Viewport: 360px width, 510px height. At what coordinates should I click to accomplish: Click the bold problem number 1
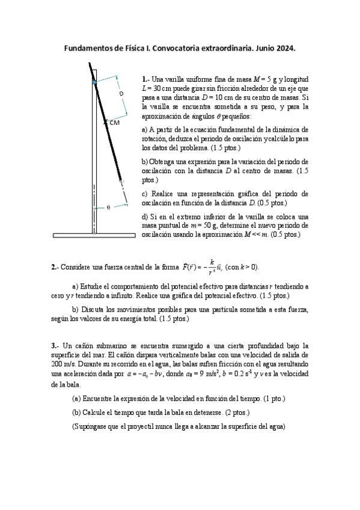click(144, 79)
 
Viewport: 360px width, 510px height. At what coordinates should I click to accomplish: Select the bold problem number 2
click(54, 267)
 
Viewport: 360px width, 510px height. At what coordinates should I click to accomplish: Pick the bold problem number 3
click(54, 346)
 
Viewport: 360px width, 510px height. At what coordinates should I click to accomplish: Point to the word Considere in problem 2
click(78, 267)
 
